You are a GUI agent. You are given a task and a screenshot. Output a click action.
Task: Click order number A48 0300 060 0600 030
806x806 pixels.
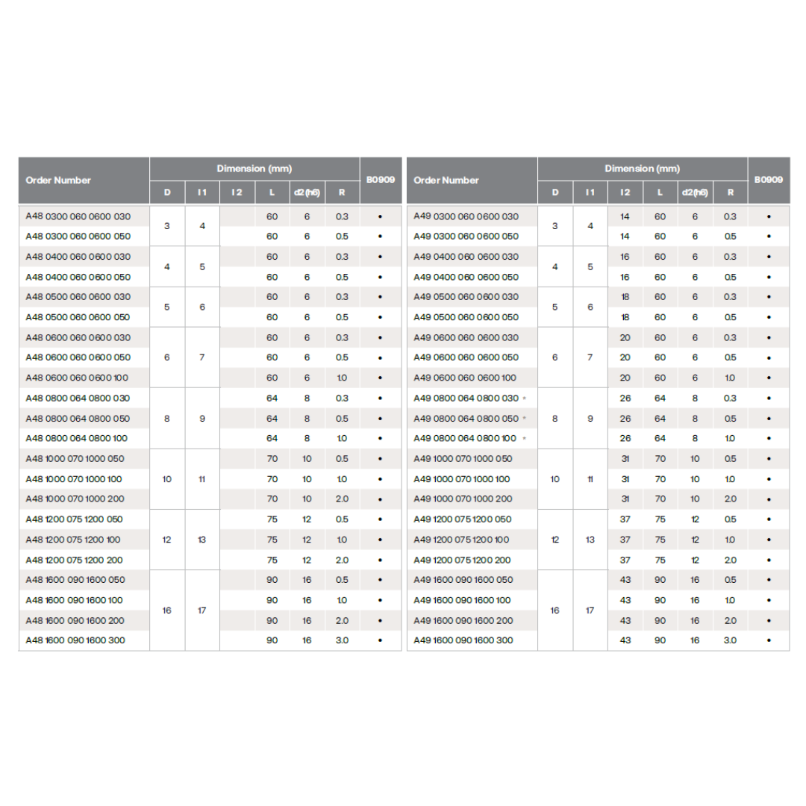pos(78,216)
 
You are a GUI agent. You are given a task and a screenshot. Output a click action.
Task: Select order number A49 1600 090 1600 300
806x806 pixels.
pos(463,640)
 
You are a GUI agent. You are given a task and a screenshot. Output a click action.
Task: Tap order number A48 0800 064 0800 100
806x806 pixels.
pos(78,438)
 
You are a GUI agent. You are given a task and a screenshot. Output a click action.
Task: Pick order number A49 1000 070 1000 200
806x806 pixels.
pos(463,499)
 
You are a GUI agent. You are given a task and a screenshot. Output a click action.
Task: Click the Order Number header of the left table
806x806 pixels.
pos(58,180)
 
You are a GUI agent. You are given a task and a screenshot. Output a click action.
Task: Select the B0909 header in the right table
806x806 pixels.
pos(768,180)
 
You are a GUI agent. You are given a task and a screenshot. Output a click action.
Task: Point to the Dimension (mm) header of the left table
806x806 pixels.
pos(254,169)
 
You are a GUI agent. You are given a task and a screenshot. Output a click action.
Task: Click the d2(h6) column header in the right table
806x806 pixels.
pos(695,193)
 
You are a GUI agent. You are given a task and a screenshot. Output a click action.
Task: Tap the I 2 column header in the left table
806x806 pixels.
pos(237,193)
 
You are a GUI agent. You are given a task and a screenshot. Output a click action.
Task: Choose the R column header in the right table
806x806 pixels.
pos(730,193)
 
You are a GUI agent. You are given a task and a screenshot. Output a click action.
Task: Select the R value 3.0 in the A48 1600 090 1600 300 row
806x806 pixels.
pos(342,640)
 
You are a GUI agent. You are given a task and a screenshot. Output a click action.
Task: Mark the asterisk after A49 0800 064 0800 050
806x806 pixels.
pos(524,418)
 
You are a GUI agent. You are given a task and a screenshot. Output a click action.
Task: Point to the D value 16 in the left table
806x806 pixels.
pos(166,610)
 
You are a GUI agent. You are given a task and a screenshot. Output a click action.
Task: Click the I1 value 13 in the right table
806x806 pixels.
pos(590,540)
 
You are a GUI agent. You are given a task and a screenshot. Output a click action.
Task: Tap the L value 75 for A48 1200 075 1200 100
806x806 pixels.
pos(272,540)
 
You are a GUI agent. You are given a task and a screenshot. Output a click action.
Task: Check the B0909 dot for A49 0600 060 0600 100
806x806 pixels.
pos(768,378)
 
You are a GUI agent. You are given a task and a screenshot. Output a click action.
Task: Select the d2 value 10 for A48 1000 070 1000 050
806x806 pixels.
pos(307,458)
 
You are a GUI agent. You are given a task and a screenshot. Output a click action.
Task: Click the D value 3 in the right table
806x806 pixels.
pos(554,226)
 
